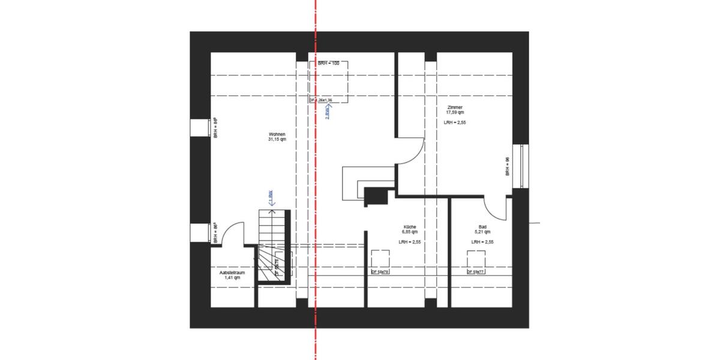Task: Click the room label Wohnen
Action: point(277,134)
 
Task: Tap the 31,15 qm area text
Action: point(277,139)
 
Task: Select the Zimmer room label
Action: point(455,107)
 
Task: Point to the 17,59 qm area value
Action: point(455,112)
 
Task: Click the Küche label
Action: point(410,227)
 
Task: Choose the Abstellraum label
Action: point(232,272)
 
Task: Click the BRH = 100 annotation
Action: point(328,63)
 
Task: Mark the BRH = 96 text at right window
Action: point(508,166)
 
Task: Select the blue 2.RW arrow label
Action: point(327,112)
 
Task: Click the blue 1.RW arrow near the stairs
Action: point(271,198)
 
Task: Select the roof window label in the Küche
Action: point(380,272)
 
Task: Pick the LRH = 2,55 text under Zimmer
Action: point(455,122)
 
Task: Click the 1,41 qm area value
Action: point(232,278)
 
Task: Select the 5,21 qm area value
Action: point(482,232)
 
